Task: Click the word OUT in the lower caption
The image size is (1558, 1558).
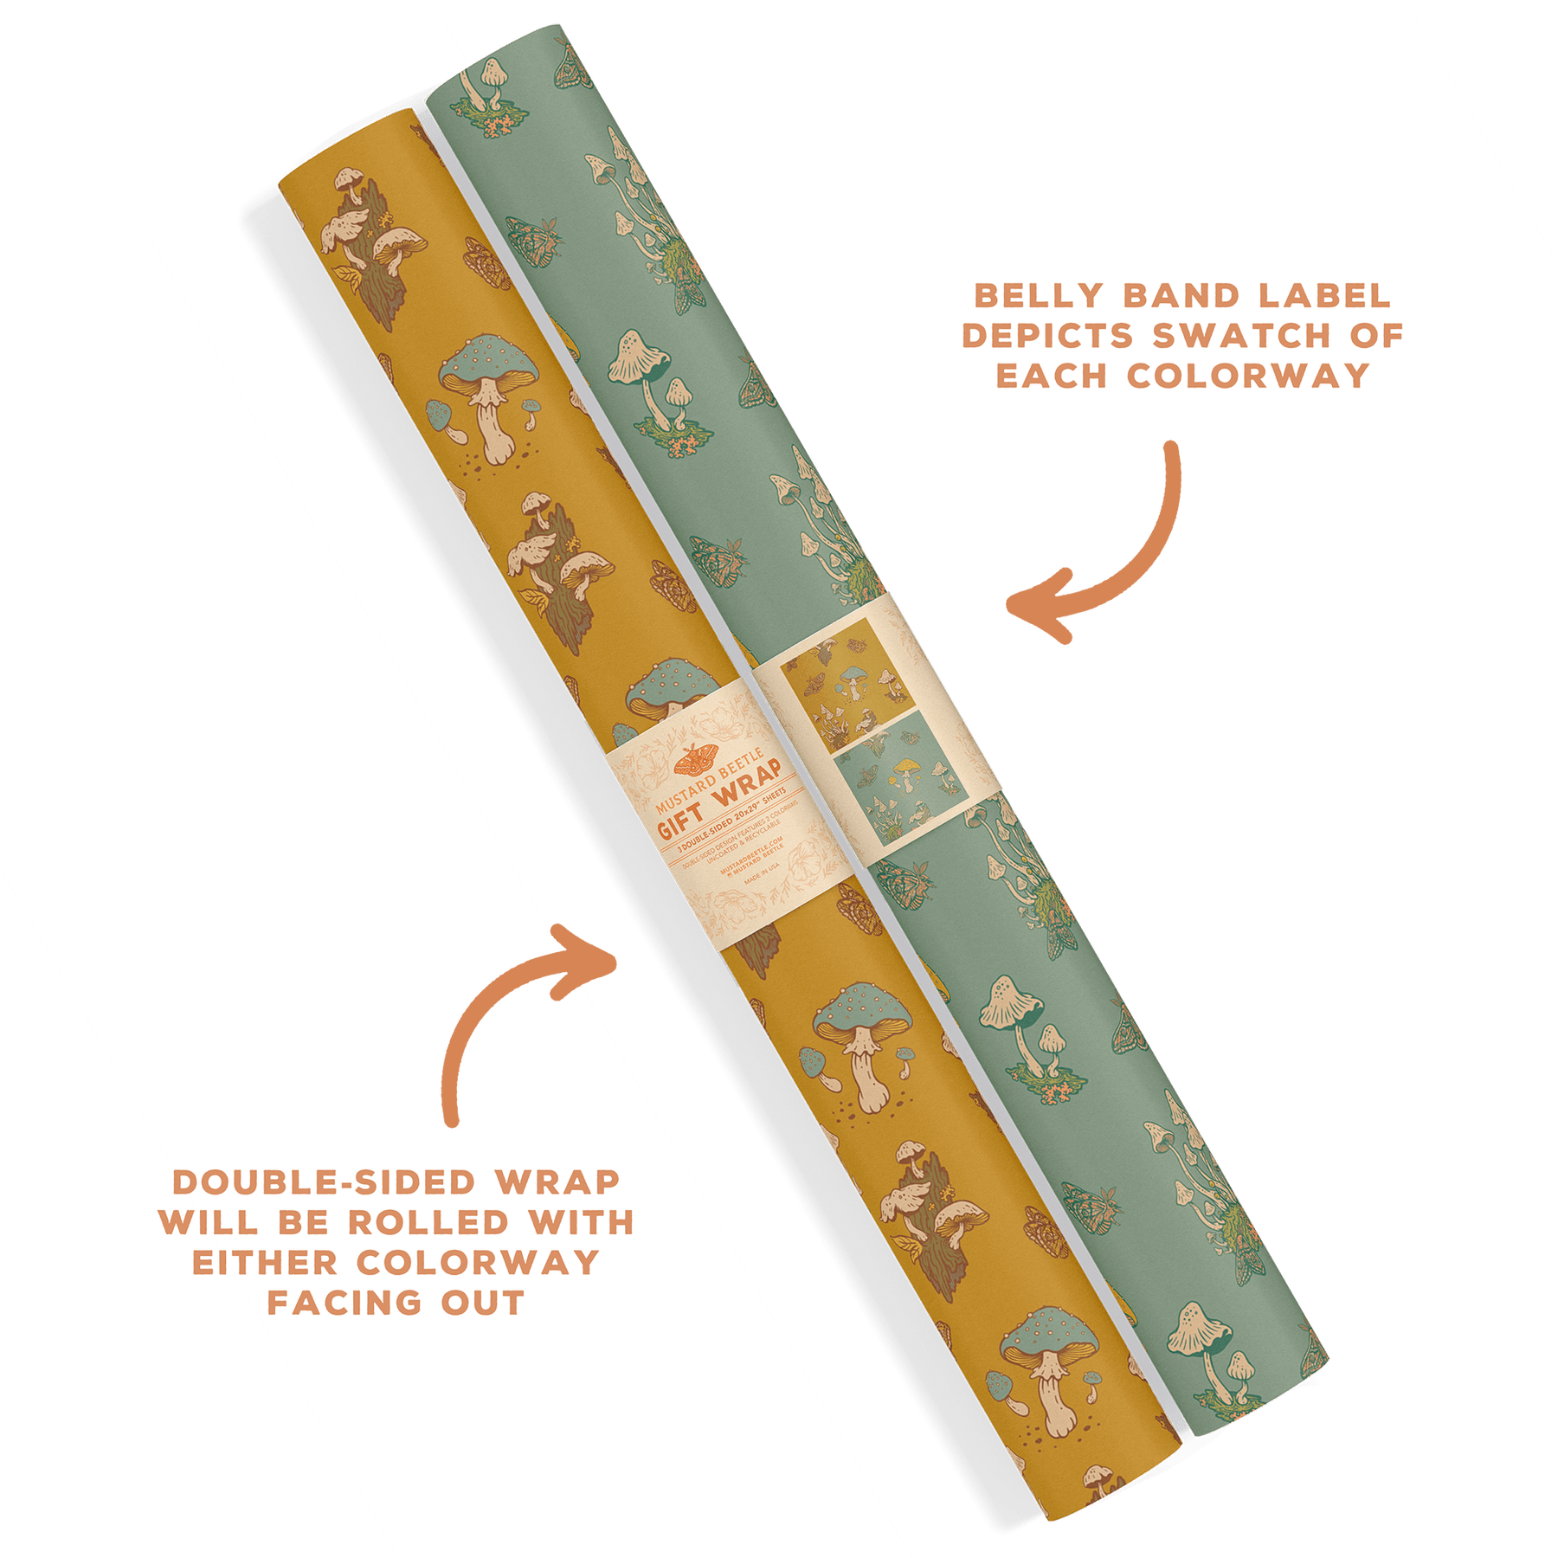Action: [482, 1302]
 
